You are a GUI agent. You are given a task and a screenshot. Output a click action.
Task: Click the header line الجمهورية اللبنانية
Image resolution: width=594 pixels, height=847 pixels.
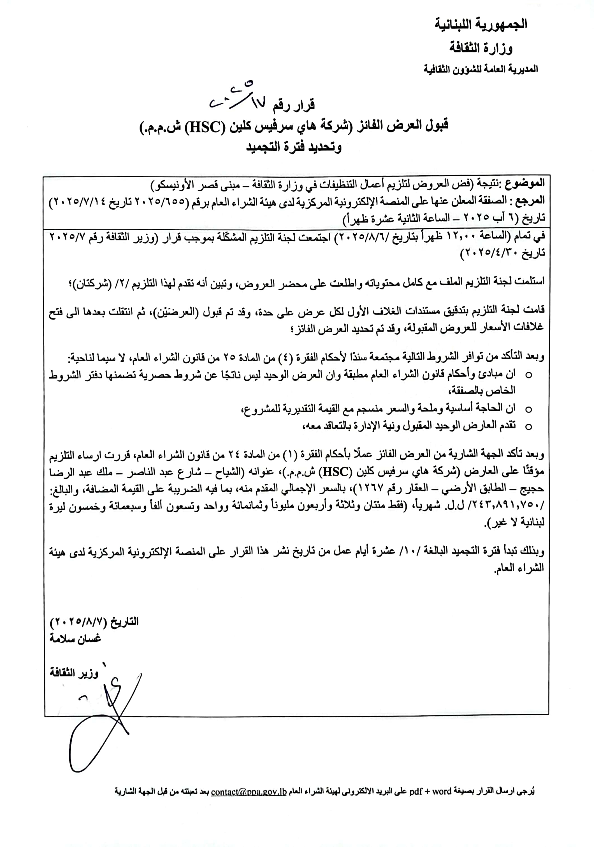tap(481, 24)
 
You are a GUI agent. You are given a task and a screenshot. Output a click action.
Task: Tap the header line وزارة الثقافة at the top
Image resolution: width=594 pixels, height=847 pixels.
tap(481, 48)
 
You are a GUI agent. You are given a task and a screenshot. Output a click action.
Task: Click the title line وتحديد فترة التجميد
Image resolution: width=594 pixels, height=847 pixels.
tap(294, 147)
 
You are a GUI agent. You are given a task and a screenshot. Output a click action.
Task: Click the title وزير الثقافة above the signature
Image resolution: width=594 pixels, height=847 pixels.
tap(74, 673)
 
